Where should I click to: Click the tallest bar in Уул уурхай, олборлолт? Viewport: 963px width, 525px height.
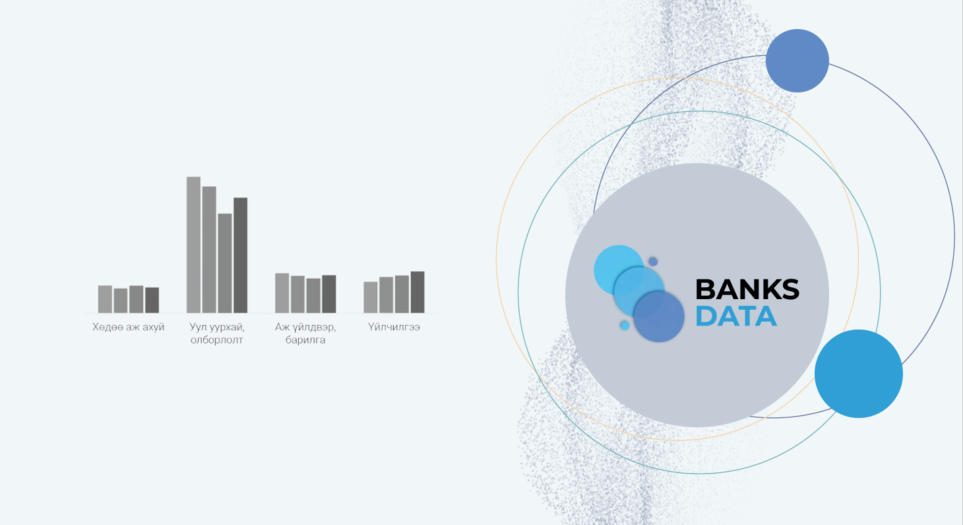point(193,245)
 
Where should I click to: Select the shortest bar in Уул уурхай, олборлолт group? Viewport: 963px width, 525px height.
point(225,263)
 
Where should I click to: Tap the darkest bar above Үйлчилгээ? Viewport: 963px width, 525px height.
point(418,292)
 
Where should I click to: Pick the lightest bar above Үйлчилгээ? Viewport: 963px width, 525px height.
point(371,297)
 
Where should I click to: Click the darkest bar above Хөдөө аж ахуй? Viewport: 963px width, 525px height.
point(152,300)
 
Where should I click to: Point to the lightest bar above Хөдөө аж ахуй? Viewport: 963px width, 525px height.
point(105,299)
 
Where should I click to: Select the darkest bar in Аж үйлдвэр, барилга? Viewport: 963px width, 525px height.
point(329,294)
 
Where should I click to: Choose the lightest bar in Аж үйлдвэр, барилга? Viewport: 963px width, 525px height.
point(282,293)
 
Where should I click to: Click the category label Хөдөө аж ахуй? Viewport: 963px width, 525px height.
point(129,327)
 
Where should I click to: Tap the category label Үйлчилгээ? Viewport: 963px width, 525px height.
point(394,327)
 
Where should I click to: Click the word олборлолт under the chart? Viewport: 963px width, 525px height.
point(216,340)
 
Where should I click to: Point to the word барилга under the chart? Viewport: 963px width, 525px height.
point(305,340)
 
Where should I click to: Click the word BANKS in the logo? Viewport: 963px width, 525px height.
point(747,289)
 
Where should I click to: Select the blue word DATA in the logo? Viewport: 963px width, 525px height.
point(736,316)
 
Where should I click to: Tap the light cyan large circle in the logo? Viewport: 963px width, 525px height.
point(619,270)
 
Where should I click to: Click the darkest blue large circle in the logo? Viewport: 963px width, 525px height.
point(659,317)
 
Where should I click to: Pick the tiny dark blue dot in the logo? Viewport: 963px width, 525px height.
point(653,262)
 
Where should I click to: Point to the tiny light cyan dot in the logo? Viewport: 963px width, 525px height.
point(625,326)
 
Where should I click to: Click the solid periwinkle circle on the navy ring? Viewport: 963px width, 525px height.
point(797,61)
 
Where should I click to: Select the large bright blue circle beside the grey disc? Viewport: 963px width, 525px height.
point(859,374)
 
